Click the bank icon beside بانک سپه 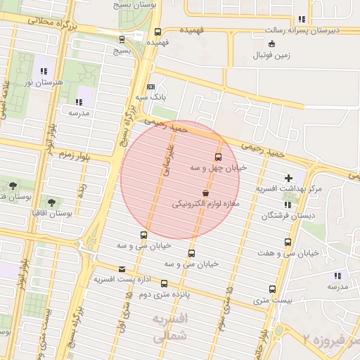click(150, 86)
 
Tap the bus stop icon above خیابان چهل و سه click(217, 157)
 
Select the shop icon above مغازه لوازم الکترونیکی click(205, 193)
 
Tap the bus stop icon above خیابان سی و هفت click(287, 243)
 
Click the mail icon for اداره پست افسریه click(122, 269)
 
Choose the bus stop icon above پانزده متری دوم click(164, 284)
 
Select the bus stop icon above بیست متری click(272, 289)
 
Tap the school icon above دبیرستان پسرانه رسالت click(302, 19)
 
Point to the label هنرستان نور click(44, 82)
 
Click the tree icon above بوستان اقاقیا click(51, 202)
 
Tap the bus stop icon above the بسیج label click(124, 40)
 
